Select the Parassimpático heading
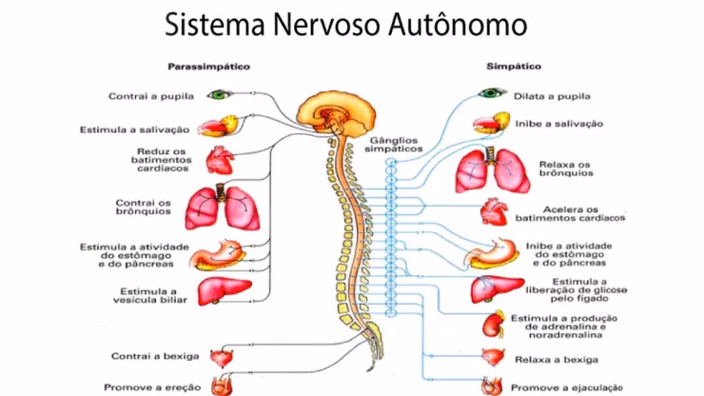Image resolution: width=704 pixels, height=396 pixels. (x=202, y=68)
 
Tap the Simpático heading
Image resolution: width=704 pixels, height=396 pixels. (x=514, y=68)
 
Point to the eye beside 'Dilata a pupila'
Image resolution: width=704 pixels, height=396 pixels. (x=492, y=94)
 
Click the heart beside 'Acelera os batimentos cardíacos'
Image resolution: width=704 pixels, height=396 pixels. (x=495, y=209)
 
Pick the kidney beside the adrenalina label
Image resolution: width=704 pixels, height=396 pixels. (x=496, y=324)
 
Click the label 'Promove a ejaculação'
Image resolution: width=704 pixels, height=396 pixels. (x=563, y=387)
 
